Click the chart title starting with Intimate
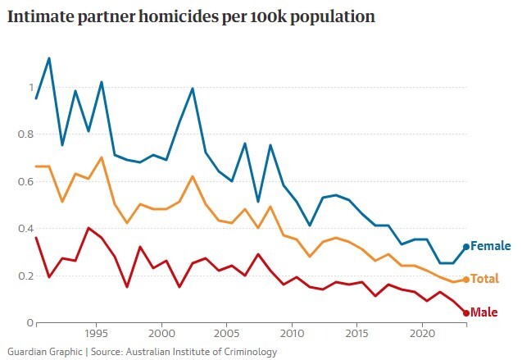point(191,17)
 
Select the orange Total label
point(485,280)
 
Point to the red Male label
point(485,312)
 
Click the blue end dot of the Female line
point(466,247)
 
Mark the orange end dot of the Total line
point(466,280)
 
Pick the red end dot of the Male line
point(466,312)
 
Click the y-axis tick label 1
point(31,88)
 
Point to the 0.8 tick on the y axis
point(26,134)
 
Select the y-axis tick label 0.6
point(26,181)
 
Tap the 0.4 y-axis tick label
point(26,229)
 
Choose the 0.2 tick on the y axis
point(26,276)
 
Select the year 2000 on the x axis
point(162,335)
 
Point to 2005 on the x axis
point(227,335)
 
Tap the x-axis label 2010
point(292,335)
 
